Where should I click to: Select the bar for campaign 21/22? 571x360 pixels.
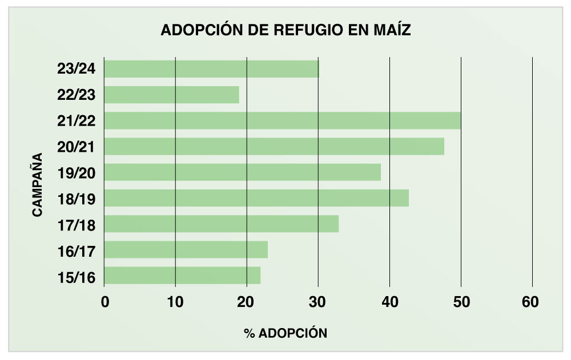[x=282, y=120]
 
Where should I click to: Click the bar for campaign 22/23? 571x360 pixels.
[x=171, y=95]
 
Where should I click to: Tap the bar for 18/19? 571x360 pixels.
[x=256, y=198]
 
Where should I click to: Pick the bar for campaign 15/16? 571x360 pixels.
[x=182, y=276]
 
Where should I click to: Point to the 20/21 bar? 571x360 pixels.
[x=274, y=147]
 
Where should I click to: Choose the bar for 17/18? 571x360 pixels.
[x=221, y=224]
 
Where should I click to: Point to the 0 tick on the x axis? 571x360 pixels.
[x=104, y=303]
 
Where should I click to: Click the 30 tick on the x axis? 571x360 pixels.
[x=318, y=303]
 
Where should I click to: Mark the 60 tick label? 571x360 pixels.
[x=530, y=303]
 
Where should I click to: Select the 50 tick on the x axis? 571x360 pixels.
[x=461, y=303]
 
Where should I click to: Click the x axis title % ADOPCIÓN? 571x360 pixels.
[x=286, y=333]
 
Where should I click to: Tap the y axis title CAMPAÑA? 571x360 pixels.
[x=38, y=184]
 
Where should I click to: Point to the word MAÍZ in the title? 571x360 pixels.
[x=391, y=30]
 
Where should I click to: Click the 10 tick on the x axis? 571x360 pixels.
[x=175, y=303]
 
